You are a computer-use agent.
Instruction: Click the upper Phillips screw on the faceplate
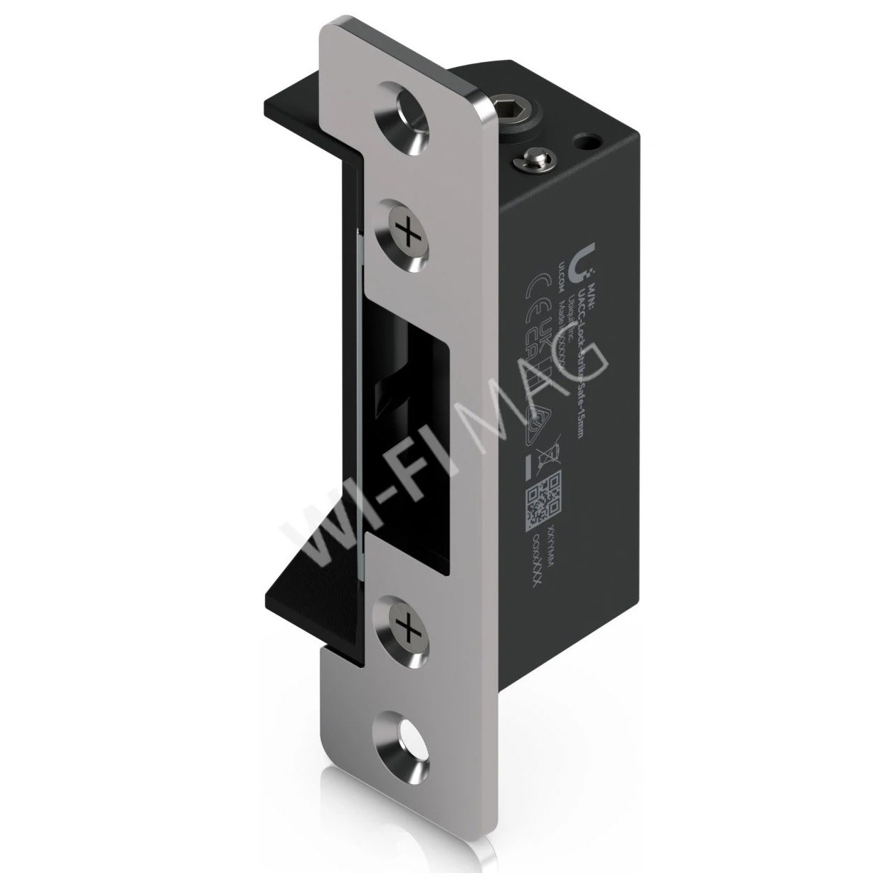(x=405, y=235)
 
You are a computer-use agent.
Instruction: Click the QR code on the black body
(x=543, y=496)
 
